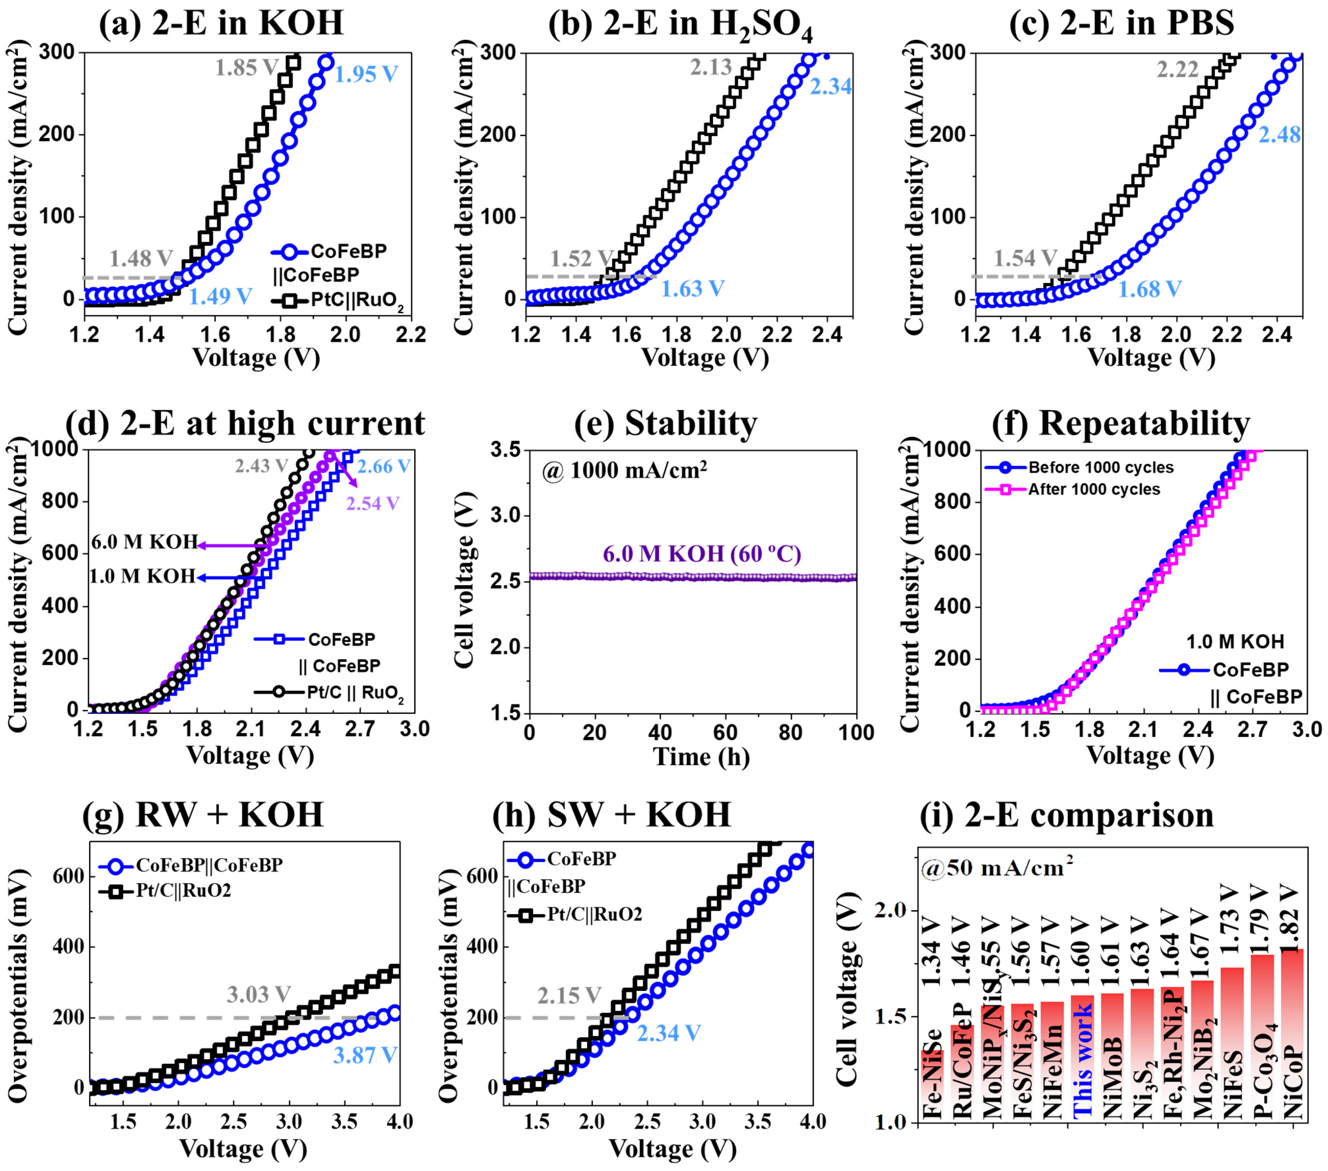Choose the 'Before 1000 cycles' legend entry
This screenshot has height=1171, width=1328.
[x=1101, y=467]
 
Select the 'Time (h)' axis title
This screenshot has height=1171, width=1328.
[x=701, y=757]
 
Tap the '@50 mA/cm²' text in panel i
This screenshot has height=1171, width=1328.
[x=996, y=867]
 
